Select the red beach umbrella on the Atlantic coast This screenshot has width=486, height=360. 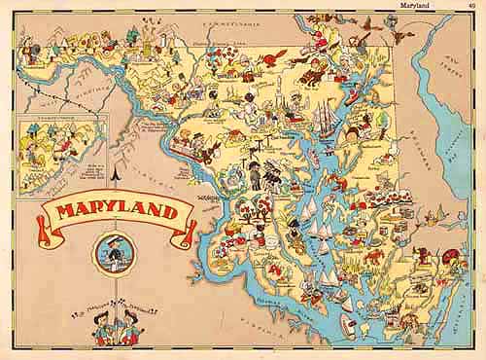click(450, 257)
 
